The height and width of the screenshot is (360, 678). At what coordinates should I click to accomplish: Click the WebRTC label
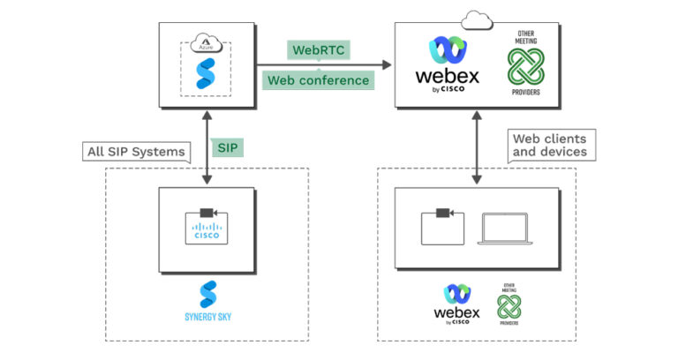[x=318, y=49]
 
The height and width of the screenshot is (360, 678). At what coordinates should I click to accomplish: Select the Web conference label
[x=318, y=80]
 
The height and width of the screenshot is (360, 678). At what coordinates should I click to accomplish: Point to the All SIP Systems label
[x=137, y=151]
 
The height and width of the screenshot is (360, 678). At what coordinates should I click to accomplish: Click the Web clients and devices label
[x=548, y=145]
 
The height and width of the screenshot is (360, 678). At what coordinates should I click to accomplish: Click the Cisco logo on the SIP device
[x=207, y=233]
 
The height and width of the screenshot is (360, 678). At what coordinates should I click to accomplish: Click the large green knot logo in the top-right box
[x=526, y=66]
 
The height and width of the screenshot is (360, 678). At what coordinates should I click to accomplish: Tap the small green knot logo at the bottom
[x=508, y=305]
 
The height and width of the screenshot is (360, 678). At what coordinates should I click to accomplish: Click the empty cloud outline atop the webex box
[x=477, y=17]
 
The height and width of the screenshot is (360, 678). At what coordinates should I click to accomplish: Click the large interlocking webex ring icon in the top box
[x=448, y=48]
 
